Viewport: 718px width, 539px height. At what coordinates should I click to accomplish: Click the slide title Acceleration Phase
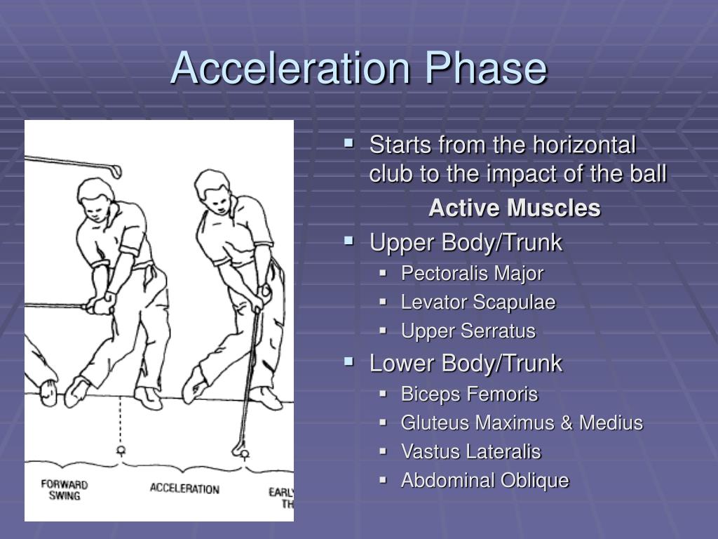358,69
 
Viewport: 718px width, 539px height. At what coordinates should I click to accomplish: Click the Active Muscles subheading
515,208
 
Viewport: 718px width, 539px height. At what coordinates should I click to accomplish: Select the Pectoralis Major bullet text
472,273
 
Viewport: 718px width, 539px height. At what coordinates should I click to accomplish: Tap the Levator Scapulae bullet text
478,302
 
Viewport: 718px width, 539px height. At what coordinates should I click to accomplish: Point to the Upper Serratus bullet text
468,331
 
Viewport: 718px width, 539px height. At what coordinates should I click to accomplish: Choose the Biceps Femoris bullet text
469,394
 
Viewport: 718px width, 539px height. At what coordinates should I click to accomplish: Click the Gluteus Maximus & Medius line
522,423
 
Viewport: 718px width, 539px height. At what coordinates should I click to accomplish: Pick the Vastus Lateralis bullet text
470,452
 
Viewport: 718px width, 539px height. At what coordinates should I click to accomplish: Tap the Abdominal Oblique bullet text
485,481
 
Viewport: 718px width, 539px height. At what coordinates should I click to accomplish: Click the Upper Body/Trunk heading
466,243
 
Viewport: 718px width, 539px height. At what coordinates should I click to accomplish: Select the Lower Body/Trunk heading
466,364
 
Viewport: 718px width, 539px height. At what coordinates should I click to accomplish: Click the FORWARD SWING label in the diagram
64,490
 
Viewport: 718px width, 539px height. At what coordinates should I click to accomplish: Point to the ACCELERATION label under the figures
184,488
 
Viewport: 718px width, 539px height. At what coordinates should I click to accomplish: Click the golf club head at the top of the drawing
114,171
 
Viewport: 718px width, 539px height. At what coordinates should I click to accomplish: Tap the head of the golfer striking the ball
212,188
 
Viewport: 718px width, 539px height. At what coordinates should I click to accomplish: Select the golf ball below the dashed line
121,449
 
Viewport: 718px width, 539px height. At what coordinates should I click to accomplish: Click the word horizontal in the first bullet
584,146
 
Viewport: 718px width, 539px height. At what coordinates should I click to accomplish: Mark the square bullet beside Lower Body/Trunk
349,362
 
